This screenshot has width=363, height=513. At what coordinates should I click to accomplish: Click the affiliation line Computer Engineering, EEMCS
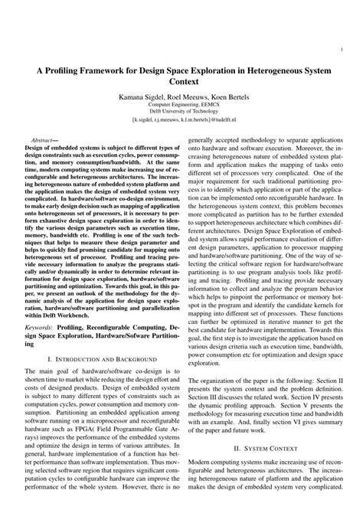tap(181, 106)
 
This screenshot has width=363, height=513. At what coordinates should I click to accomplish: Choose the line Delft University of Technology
tap(181, 113)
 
